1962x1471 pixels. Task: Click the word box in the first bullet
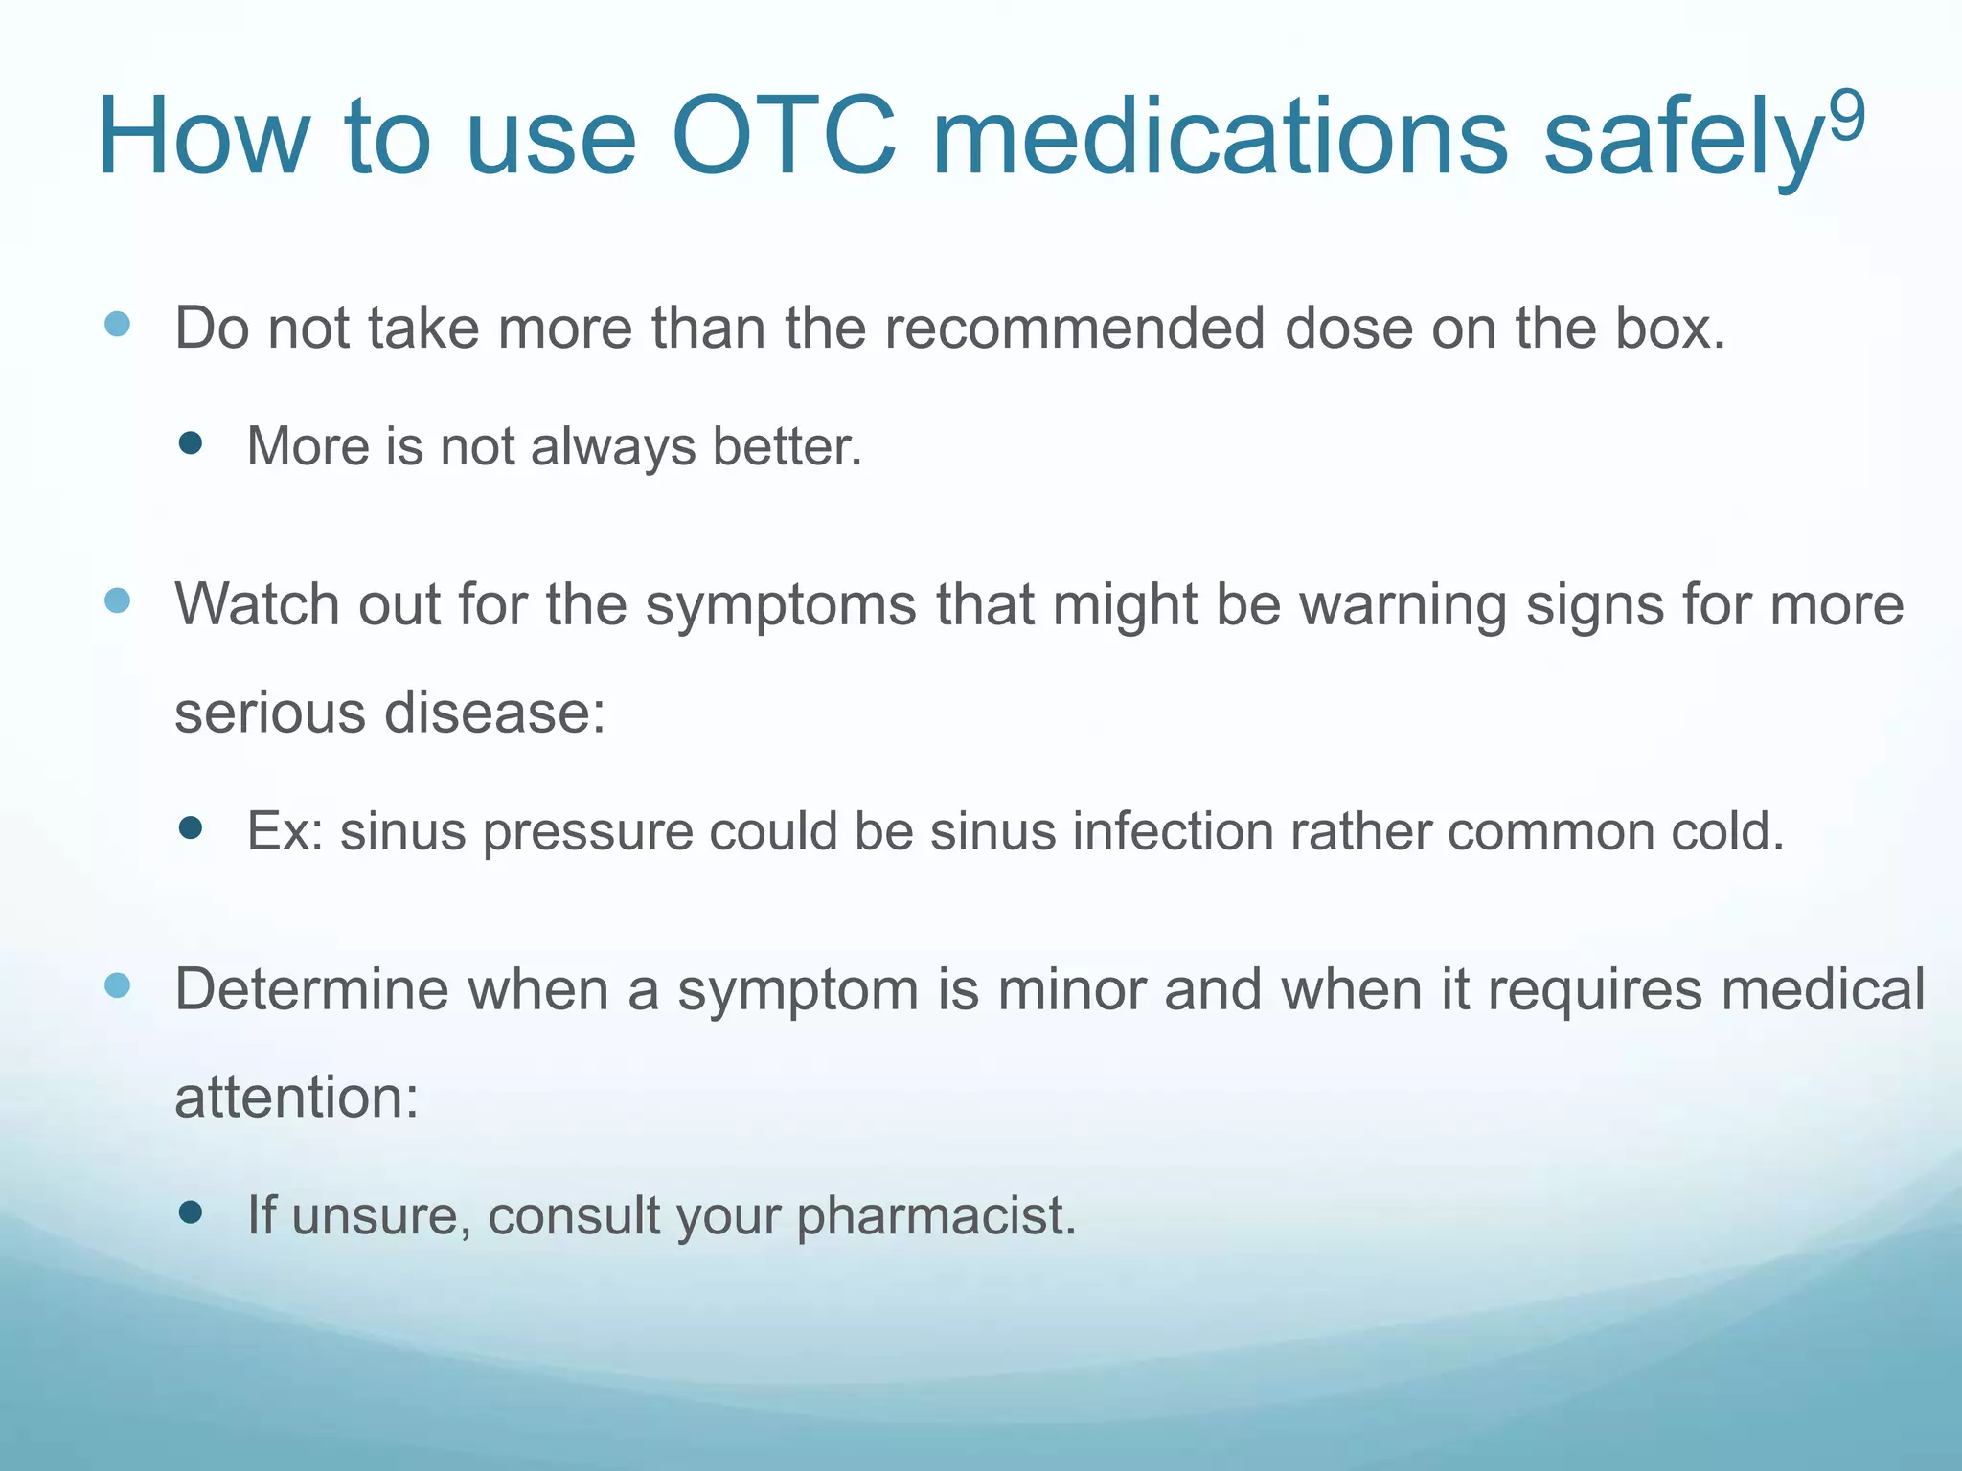pyautogui.click(x=1669, y=328)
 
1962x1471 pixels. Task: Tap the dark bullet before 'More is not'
pyautogui.click(x=191, y=442)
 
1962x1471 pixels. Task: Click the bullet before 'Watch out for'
pyautogui.click(x=117, y=600)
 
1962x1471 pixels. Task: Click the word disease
pyautogui.click(x=494, y=713)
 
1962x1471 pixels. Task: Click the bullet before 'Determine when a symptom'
pyautogui.click(x=117, y=984)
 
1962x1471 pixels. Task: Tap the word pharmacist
pyautogui.click(x=935, y=1216)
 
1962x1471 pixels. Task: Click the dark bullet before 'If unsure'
pyautogui.click(x=191, y=1212)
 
